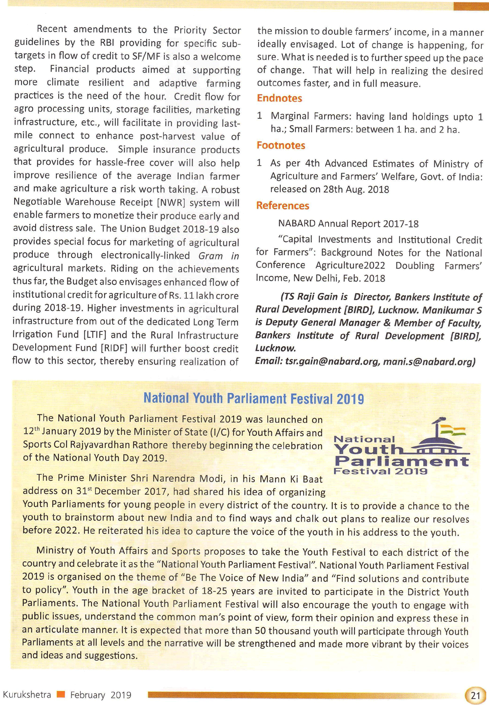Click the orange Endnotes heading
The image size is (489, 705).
click(280, 98)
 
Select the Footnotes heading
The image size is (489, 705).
click(281, 145)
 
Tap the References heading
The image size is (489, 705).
click(283, 206)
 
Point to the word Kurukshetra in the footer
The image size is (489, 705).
click(27, 695)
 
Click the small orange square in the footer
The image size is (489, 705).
click(61, 695)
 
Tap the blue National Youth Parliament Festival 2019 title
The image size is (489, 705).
click(253, 399)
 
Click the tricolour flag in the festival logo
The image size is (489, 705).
click(452, 431)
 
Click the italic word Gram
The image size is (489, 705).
click(211, 256)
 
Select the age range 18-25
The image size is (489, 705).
click(188, 591)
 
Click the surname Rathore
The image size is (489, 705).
click(149, 445)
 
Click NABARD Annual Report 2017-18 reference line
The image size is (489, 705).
click(348, 224)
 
